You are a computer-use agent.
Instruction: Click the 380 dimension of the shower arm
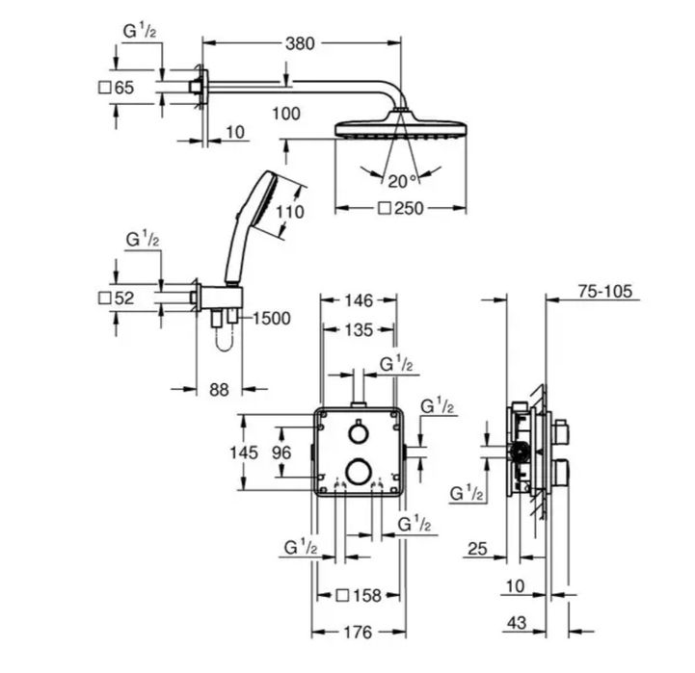pyautogui.click(x=302, y=42)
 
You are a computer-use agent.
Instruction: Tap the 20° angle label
pyautogui.click(x=402, y=180)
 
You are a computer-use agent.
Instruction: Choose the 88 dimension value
pyautogui.click(x=219, y=389)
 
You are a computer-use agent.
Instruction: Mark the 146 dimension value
pyautogui.click(x=356, y=300)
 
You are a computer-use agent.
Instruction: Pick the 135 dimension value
pyautogui.click(x=356, y=330)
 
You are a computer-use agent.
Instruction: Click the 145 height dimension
pyautogui.click(x=249, y=453)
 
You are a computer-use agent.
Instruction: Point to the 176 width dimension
pyautogui.click(x=357, y=633)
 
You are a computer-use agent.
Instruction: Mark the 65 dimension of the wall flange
pyautogui.click(x=124, y=88)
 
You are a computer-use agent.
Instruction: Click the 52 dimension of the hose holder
pyautogui.click(x=124, y=298)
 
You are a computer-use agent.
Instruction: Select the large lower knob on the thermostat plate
pyautogui.click(x=358, y=470)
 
